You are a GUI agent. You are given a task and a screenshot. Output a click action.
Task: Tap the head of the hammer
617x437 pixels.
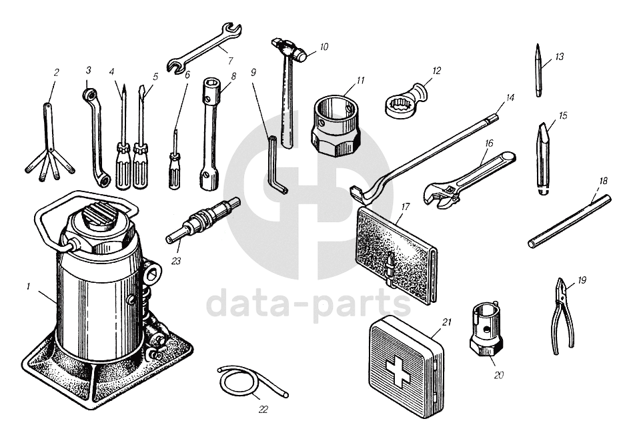[290, 49]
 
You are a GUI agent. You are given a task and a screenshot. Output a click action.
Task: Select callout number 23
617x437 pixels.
[176, 261]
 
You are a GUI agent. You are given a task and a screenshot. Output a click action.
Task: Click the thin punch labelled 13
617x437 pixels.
[539, 70]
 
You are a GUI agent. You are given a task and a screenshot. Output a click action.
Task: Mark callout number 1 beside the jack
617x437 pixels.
[28, 287]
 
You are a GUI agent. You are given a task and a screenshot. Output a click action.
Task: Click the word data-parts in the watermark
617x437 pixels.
[309, 302]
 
